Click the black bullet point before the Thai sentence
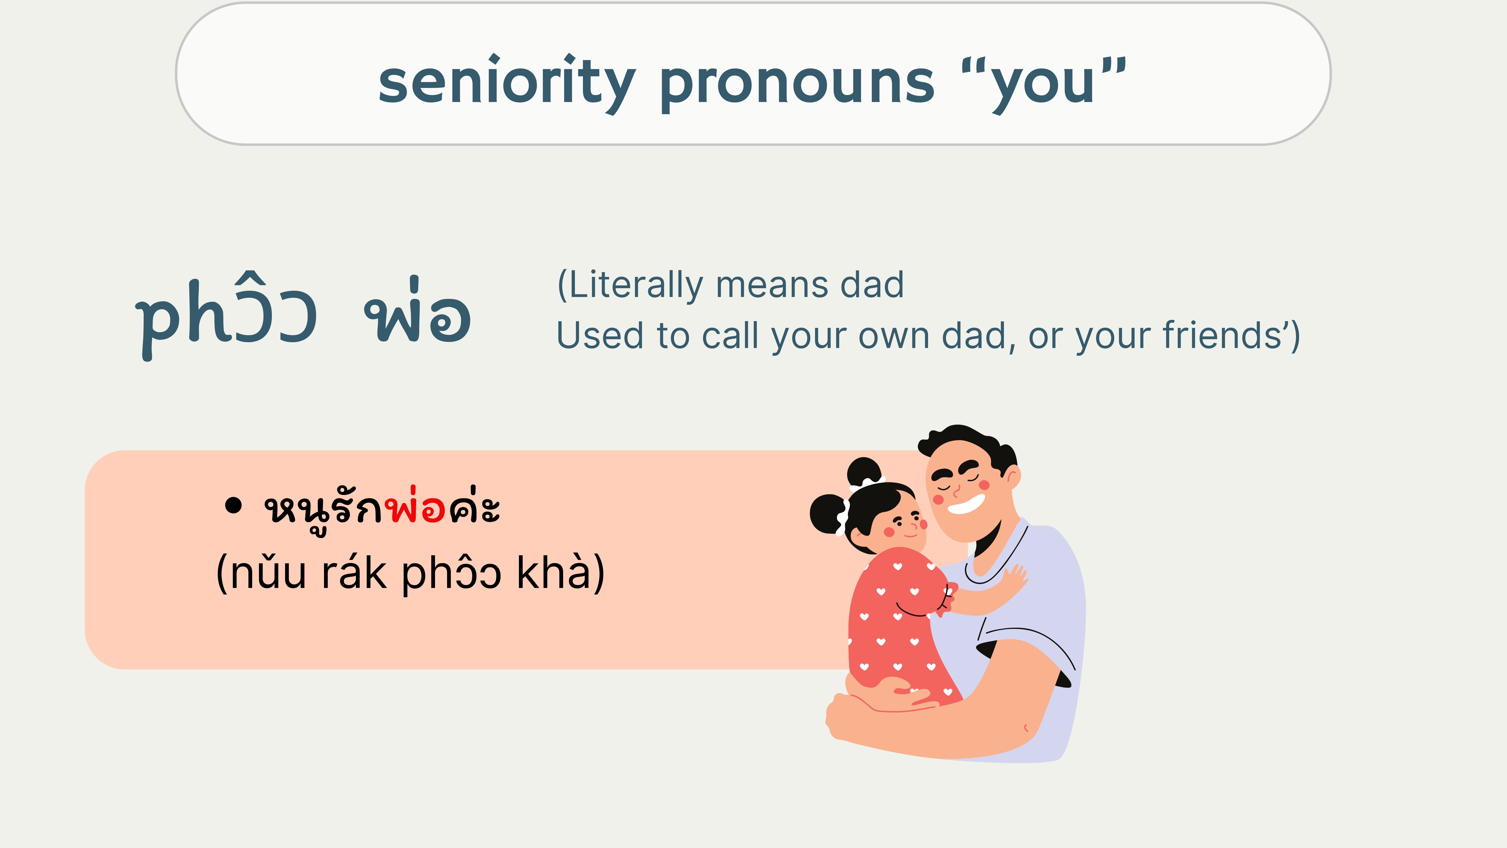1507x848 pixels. [233, 505]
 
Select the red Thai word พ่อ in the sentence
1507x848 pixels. [415, 505]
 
